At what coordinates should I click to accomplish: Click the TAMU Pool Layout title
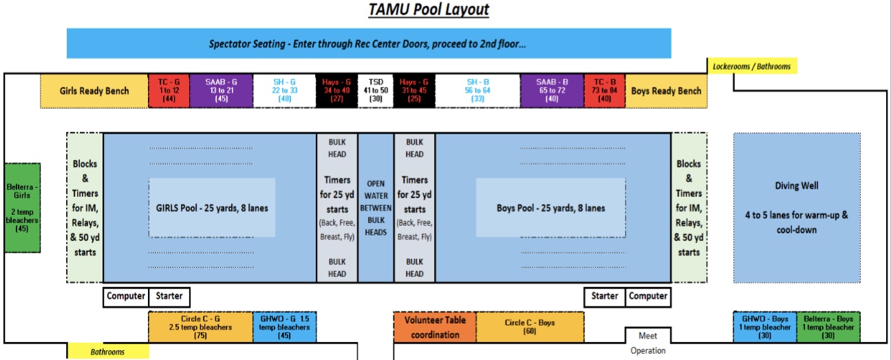(429, 10)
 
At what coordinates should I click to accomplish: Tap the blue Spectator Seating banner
(369, 43)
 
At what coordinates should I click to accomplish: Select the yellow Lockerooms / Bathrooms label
(752, 66)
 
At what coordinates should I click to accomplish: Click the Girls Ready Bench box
(94, 91)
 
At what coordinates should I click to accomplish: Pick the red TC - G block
(169, 91)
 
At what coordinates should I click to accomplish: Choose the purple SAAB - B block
(552, 91)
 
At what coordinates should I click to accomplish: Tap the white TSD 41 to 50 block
(376, 91)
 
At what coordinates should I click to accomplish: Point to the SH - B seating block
(477, 91)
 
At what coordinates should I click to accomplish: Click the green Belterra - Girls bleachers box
(22, 208)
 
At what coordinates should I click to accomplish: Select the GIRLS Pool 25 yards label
(212, 208)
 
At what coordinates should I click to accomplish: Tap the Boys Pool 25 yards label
(551, 208)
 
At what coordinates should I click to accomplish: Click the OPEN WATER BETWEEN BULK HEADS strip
(376, 208)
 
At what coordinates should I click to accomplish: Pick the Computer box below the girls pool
(126, 297)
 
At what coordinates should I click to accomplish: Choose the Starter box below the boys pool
(605, 297)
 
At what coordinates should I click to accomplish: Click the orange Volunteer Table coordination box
(435, 327)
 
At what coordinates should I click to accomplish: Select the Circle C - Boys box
(530, 327)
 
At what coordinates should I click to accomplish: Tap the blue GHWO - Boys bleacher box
(765, 327)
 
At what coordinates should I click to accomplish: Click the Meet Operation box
(648, 343)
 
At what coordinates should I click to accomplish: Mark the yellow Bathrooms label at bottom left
(108, 351)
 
